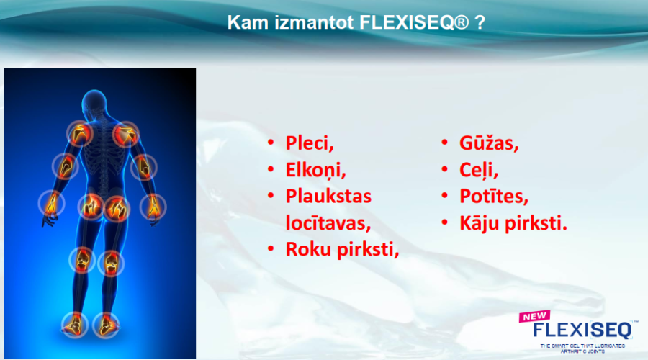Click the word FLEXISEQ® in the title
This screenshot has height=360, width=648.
[414, 22]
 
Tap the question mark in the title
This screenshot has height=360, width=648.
[480, 22]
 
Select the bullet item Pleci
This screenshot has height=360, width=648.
[310, 143]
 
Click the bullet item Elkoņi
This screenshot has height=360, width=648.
[316, 170]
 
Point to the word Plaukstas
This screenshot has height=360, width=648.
[328, 196]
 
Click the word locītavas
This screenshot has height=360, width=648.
[328, 222]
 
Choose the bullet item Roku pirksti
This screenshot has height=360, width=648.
[342, 249]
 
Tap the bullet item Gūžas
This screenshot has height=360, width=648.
[489, 143]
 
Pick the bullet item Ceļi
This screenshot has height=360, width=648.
[479, 170]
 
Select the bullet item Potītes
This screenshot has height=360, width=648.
[494, 197]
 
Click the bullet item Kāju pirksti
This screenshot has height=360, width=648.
[513, 223]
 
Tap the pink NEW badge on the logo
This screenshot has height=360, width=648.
[535, 316]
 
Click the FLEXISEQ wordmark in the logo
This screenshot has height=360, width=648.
[582, 330]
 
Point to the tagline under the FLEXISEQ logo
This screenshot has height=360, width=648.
[582, 348]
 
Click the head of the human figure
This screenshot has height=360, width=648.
[94, 102]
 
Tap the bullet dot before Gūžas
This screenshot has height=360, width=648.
[445, 143]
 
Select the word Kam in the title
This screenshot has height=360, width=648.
[248, 22]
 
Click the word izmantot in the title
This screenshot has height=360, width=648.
[314, 22]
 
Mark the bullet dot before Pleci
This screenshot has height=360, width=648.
[271, 143]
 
